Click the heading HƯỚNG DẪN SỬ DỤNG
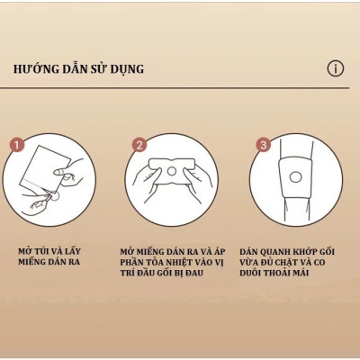(79, 69)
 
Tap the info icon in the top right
(335, 68)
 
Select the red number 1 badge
(16, 144)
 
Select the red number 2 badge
(139, 144)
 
